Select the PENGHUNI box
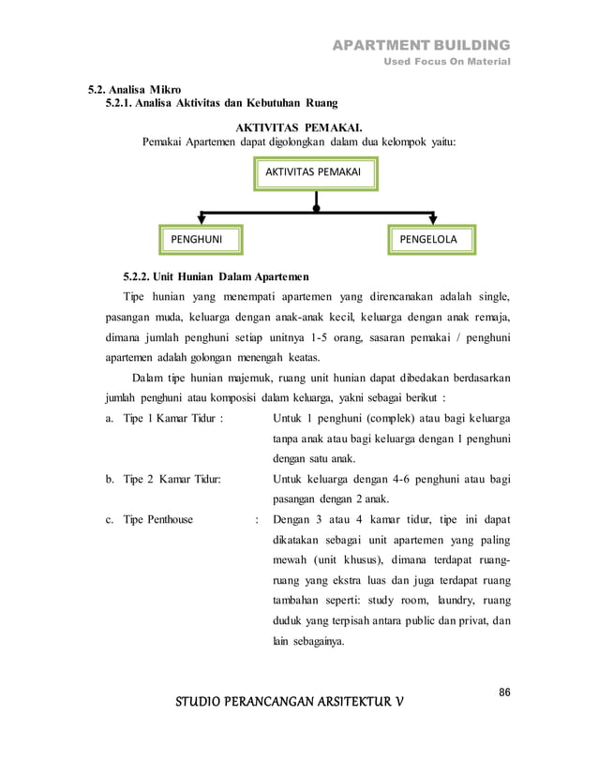coord(197,239)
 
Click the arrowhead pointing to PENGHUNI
coord(201,220)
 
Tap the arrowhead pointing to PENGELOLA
coord(432,220)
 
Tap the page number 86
coord(504,692)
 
